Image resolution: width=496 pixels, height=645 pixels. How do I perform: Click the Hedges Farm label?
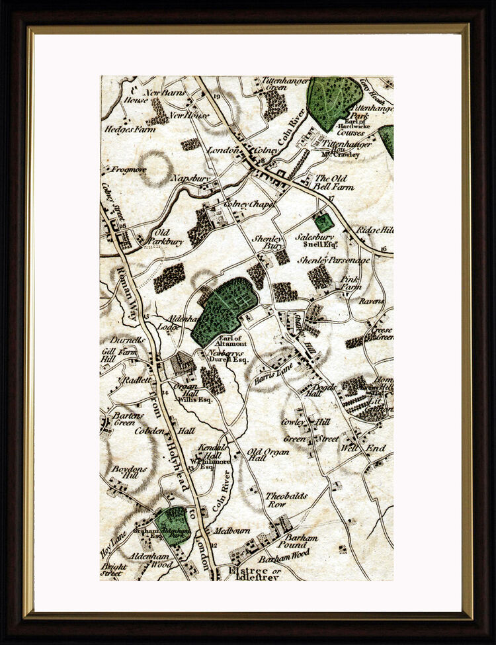tap(130, 130)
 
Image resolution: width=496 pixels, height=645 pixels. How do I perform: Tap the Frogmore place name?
tap(128, 169)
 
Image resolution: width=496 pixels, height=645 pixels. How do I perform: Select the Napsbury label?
tap(190, 179)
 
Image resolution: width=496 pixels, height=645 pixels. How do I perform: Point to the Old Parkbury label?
tap(167, 237)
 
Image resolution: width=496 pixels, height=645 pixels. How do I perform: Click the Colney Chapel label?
tap(249, 204)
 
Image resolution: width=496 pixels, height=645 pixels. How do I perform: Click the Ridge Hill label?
tap(375, 230)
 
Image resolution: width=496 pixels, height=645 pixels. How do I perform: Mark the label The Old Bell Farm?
tap(334, 183)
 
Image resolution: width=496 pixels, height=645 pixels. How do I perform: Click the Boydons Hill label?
tap(124, 472)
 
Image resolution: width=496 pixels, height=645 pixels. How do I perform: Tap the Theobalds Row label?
tap(286, 499)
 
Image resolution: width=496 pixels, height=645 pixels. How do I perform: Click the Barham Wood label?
tap(284, 558)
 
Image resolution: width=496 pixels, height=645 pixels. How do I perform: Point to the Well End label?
tap(362, 449)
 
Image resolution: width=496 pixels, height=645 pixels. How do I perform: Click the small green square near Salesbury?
tap(323, 222)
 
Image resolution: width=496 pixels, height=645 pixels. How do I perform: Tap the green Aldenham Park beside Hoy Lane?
tap(174, 525)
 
